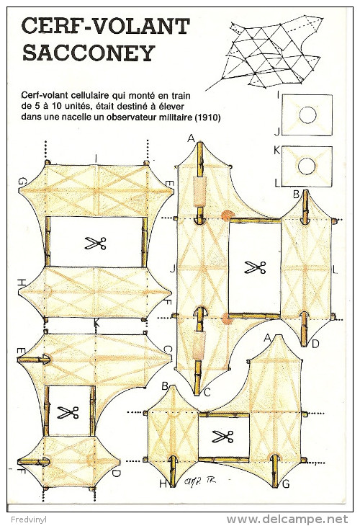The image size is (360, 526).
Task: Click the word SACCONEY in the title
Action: point(89,53)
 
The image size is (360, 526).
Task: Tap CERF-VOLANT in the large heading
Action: point(106,26)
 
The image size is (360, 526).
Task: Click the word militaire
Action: point(179,117)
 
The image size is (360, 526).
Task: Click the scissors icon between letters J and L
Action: point(255,267)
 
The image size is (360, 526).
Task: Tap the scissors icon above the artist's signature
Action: point(222,437)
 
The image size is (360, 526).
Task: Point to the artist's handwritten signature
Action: point(199,481)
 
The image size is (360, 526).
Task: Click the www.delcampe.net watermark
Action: point(287,520)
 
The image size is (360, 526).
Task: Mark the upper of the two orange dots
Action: point(228,215)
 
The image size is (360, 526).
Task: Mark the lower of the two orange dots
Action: point(228,318)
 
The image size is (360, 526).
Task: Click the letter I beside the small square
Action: point(278,95)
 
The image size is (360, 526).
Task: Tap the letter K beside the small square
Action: point(276,151)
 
